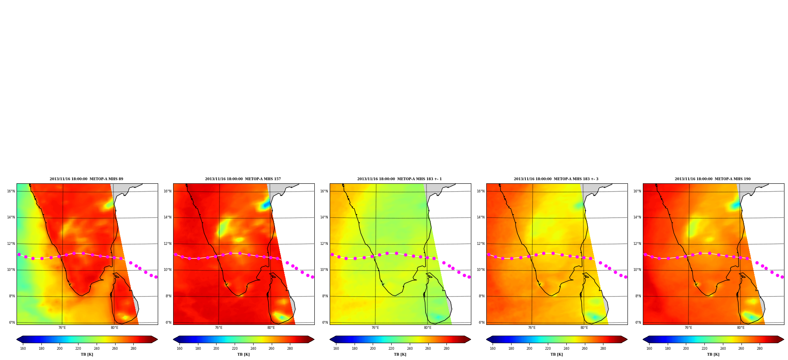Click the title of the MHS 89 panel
coord(86,179)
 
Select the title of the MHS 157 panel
coord(243,179)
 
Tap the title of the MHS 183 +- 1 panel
coord(400,179)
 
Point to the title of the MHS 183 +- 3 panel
coord(556,179)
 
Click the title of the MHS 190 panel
coord(713,179)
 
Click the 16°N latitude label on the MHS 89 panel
coord(11,191)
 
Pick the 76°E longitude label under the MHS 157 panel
coord(218,328)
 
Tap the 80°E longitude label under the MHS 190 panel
coord(741,328)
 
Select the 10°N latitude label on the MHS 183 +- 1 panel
coord(324,270)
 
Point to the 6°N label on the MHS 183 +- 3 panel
coord(482,323)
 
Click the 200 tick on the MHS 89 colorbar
coord(60,349)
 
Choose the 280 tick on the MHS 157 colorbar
coord(290,349)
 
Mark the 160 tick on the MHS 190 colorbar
coord(649,349)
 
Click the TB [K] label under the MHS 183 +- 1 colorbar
coord(400,354)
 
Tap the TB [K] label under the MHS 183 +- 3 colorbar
coord(556,354)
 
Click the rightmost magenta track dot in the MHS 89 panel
coord(156,277)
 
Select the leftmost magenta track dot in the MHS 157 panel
coord(176,254)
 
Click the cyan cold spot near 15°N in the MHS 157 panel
coord(265,205)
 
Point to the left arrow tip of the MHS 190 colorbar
coord(643,339)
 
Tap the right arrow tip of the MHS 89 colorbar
coord(157,339)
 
